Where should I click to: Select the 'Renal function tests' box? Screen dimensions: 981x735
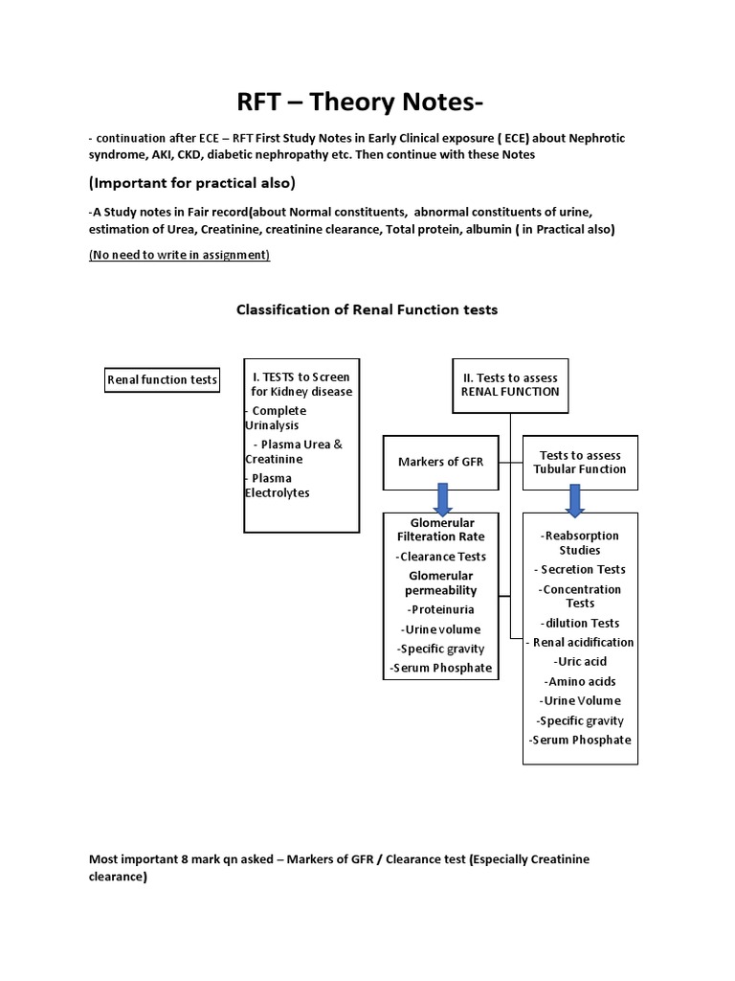162,380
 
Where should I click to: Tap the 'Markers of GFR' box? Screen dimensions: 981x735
440,462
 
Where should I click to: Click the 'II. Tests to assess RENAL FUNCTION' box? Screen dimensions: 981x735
510,384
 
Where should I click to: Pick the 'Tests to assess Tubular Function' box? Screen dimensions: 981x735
581,462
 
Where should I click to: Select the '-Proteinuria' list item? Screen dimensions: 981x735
440,609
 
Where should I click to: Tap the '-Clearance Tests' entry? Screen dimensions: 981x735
440,557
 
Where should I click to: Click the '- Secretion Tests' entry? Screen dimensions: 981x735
580,570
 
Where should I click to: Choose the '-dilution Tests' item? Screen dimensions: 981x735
580,623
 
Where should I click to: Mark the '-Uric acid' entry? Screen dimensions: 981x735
580,661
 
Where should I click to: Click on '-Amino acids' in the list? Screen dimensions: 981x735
580,681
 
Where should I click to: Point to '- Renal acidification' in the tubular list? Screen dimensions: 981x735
581,642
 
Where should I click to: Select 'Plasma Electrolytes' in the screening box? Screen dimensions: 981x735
278,485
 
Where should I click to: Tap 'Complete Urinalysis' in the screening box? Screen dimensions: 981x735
277,418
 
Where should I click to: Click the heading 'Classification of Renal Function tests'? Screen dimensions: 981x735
367,309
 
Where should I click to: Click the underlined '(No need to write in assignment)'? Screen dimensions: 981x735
179,255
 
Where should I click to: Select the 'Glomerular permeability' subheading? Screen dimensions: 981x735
440,582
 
